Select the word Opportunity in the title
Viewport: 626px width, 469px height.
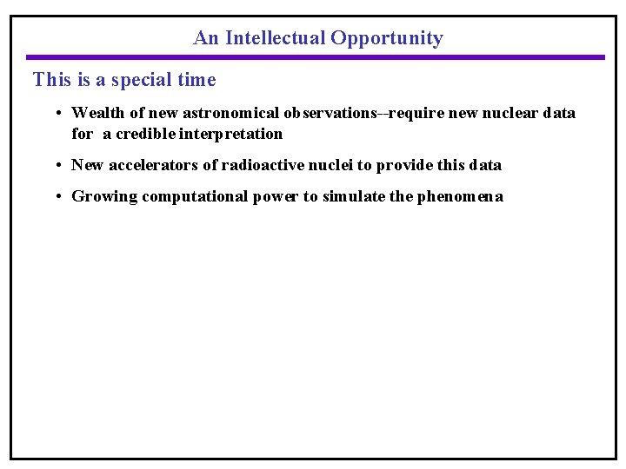(387, 38)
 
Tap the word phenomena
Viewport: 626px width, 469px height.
(460, 196)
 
